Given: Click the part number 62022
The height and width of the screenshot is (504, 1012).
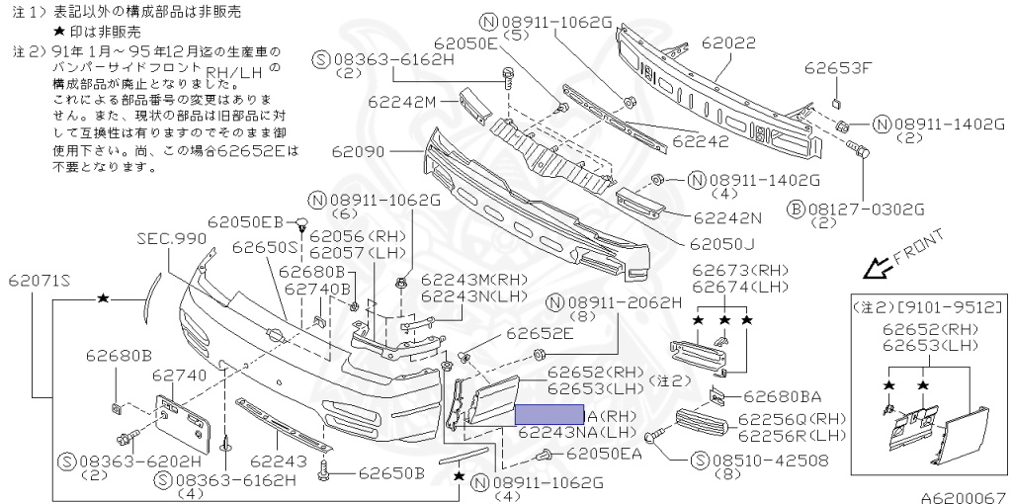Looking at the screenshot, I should point(728,44).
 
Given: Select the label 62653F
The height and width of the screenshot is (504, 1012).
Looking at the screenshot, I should point(838,68).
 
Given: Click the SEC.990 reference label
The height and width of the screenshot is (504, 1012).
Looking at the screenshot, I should point(172,238).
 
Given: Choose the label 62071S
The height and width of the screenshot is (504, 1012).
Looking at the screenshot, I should point(42,280).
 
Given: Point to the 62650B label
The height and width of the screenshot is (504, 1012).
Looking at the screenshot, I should point(391,472).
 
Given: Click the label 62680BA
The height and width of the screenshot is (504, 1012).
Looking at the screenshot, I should point(782,397).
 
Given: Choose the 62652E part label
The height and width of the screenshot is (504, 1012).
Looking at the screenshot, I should point(540,334).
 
